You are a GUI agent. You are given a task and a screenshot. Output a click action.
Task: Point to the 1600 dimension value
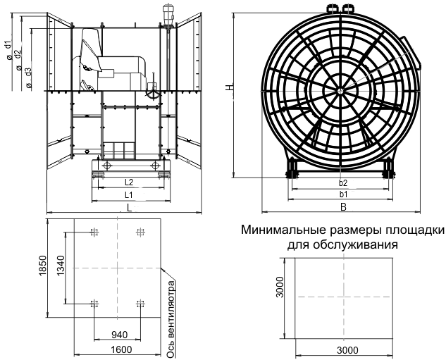tap(118, 349)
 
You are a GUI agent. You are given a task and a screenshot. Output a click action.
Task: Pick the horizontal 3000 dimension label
tap(342, 349)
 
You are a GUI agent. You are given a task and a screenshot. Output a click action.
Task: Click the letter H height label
tap(228, 87)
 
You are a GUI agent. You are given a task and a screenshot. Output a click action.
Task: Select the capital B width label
tap(343, 206)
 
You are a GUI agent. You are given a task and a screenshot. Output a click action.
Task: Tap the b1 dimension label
tap(343, 194)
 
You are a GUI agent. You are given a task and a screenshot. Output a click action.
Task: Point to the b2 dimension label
tap(343, 183)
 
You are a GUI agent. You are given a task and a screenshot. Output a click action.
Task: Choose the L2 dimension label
tap(129, 182)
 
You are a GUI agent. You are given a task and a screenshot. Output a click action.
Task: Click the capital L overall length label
tap(129, 206)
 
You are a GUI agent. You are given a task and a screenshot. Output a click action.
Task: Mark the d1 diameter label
tap(7, 47)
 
